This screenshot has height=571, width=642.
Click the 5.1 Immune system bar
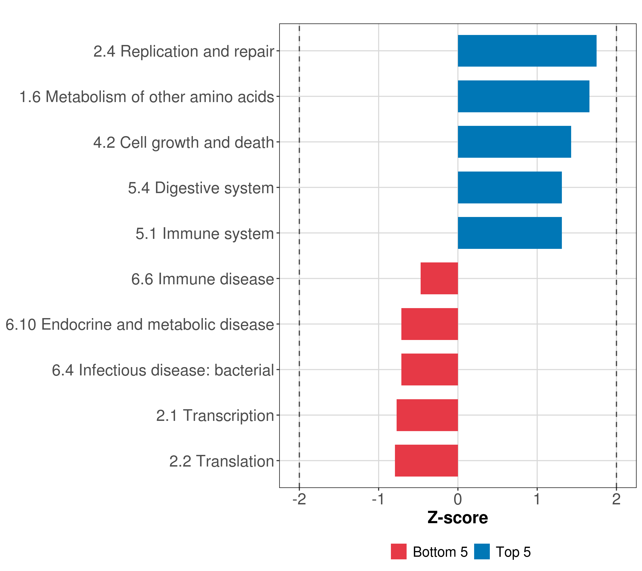[x=510, y=233]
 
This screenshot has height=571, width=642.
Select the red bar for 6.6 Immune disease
[x=439, y=278]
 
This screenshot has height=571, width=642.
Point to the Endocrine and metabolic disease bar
[x=429, y=324]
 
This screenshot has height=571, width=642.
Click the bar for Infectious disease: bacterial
[x=429, y=369]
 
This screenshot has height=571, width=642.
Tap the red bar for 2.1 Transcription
[x=427, y=415]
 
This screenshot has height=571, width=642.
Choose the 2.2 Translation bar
[x=426, y=461]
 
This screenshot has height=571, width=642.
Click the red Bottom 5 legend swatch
[x=399, y=551]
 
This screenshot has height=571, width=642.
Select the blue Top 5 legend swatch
[x=482, y=551]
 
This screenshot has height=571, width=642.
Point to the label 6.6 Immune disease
[x=203, y=279]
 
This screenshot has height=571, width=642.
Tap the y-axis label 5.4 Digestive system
[x=201, y=188]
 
